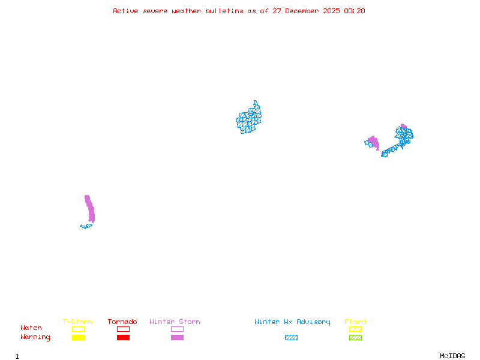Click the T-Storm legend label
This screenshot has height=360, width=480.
pyautogui.click(x=77, y=322)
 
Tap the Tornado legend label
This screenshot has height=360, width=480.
pyautogui.click(x=122, y=322)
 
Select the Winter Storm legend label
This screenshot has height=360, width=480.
pyautogui.click(x=175, y=322)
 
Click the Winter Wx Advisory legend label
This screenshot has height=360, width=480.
pyautogui.click(x=292, y=322)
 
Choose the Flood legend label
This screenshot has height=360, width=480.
pyautogui.click(x=355, y=322)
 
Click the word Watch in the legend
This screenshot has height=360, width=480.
pyautogui.click(x=31, y=328)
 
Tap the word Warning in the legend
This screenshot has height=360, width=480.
pyautogui.click(x=35, y=337)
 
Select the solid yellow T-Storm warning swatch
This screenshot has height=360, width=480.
pyautogui.click(x=78, y=338)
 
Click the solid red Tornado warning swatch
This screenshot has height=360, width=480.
pyautogui.click(x=123, y=338)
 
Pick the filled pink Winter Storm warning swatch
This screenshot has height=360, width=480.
pyautogui.click(x=177, y=338)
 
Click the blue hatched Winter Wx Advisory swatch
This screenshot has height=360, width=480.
pyautogui.click(x=291, y=338)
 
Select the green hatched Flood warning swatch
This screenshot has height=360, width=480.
pyautogui.click(x=355, y=338)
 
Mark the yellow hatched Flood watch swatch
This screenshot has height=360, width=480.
pyautogui.click(x=355, y=329)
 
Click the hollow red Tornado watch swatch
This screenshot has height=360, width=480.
pyautogui.click(x=123, y=329)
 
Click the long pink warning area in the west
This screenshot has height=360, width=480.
pyautogui.click(x=90, y=209)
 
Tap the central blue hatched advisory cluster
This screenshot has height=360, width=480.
pyautogui.click(x=248, y=118)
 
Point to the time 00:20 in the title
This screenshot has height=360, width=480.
pyautogui.click(x=355, y=11)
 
